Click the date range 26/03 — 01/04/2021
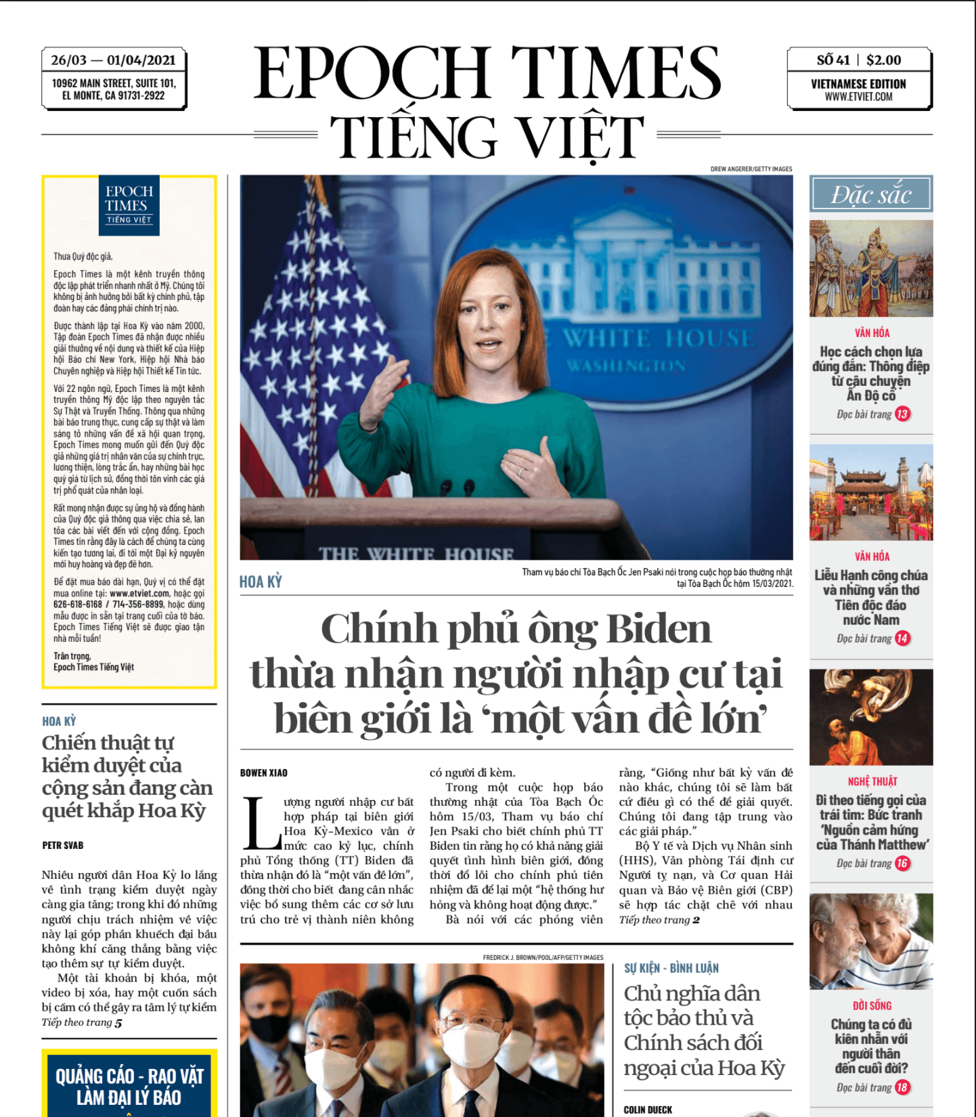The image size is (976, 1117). [x=113, y=60]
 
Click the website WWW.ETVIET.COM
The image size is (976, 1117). [x=858, y=97]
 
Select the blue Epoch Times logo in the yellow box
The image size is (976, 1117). [x=129, y=205]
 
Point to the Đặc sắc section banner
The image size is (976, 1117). [x=871, y=195]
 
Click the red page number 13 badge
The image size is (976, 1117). [x=902, y=414]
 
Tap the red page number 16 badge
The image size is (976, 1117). [x=902, y=863]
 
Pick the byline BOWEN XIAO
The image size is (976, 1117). [x=264, y=773]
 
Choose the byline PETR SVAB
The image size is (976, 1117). [x=63, y=846]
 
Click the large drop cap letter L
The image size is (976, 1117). [x=261, y=823]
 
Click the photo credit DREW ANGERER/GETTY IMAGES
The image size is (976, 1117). [x=751, y=169]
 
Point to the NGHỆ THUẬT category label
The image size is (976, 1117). [x=872, y=781]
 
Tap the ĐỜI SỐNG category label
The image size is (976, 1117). [x=872, y=1006]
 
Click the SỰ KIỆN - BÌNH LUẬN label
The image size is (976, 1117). [x=671, y=968]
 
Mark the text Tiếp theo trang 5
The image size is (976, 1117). [x=82, y=1023]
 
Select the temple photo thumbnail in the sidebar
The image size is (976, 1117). [x=871, y=492]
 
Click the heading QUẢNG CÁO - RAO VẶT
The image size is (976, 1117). [x=129, y=1076]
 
